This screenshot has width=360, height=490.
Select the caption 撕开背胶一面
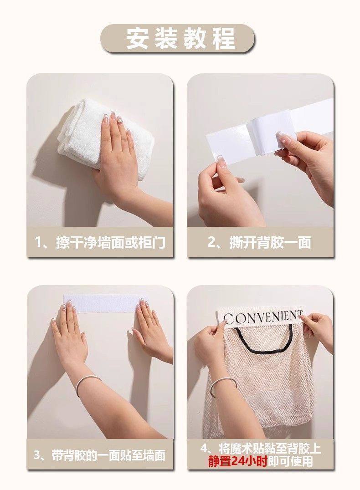click(x=271, y=243)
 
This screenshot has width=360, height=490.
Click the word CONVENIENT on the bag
click(x=263, y=317)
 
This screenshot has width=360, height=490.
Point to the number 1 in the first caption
click(x=38, y=243)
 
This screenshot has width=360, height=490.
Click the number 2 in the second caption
click(x=212, y=243)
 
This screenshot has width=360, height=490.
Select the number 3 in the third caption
click(x=37, y=456)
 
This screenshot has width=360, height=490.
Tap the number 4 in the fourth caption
click(x=204, y=449)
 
